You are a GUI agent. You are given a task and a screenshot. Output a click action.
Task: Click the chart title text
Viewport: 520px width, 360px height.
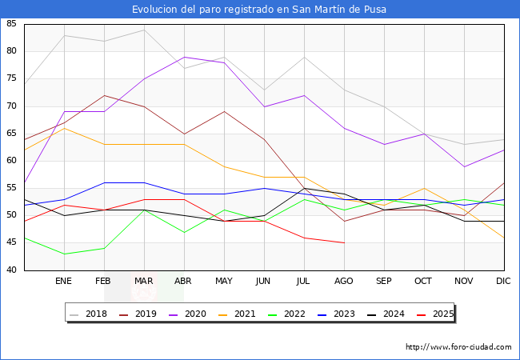click(x=260, y=10)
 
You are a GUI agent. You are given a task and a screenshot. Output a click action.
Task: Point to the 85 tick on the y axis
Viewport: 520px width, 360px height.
click(x=12, y=24)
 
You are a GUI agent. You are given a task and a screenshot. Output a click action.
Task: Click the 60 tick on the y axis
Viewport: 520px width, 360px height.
click(x=12, y=161)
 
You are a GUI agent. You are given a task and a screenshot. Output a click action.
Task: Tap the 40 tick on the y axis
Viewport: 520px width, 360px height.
click(x=12, y=270)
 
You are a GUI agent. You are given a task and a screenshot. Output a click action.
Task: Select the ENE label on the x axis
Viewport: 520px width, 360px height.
click(x=64, y=282)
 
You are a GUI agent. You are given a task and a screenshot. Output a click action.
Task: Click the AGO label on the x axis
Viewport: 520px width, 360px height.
click(x=344, y=282)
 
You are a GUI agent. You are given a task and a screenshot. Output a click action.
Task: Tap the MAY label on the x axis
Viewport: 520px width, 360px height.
click(x=224, y=282)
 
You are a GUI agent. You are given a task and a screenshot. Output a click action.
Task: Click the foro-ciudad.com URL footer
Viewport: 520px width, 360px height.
click(x=458, y=347)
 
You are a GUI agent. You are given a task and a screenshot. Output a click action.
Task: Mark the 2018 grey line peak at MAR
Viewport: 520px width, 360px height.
click(x=144, y=30)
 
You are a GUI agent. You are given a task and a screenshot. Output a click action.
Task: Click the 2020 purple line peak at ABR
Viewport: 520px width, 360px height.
click(x=184, y=57)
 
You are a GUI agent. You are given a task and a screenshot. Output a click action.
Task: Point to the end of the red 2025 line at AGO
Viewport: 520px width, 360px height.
click(x=344, y=242)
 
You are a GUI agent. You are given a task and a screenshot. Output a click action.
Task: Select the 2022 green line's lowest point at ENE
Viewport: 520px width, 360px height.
click(x=64, y=254)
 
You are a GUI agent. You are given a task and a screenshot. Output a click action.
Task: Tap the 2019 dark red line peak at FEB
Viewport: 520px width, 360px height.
click(x=104, y=95)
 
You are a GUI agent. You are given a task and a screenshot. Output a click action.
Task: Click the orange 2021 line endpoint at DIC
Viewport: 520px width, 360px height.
click(x=504, y=238)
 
